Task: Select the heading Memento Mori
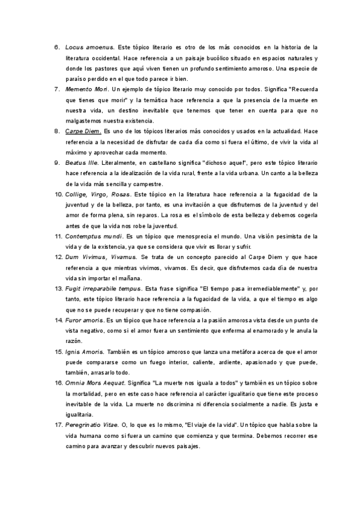coord(87,89)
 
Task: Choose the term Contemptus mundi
coord(94,237)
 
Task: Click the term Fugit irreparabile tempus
coord(105,289)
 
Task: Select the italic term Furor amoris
coord(84,321)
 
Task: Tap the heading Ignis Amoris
coord(84,352)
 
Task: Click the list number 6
coord(57,46)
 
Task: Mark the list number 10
coord(59,194)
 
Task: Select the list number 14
coord(59,321)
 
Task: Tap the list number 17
coord(59,426)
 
